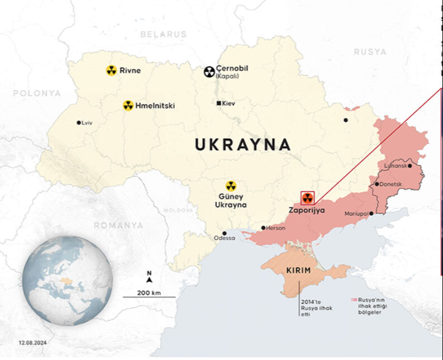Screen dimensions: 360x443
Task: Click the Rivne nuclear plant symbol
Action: pyautogui.click(x=111, y=70)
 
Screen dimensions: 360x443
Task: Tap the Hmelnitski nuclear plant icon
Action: pyautogui.click(x=128, y=105)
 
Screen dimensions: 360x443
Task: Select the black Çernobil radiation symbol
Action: pyautogui.click(x=209, y=71)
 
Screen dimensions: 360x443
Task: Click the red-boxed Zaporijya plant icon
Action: pyautogui.click(x=307, y=198)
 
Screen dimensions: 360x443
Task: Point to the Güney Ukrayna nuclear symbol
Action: pyautogui.click(x=231, y=186)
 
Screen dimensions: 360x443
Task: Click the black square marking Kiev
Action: pyautogui.click(x=219, y=103)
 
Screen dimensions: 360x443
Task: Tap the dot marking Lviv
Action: pyautogui.click(x=79, y=122)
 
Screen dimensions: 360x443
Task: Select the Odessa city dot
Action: pyautogui.click(x=224, y=233)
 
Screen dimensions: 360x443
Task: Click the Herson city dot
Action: pyautogui.click(x=263, y=228)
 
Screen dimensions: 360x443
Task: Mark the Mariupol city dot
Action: pyautogui.click(x=370, y=213)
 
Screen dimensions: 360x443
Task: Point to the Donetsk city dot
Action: pyautogui.click(x=377, y=184)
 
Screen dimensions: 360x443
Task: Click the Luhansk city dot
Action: pyautogui.click(x=409, y=165)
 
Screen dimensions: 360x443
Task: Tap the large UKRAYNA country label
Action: pyautogui.click(x=242, y=145)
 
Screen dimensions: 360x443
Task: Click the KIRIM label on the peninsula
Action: pyautogui.click(x=298, y=271)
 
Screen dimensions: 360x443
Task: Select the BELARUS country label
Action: pyautogui.click(x=163, y=34)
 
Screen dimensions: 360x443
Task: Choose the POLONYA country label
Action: pyautogui.click(x=37, y=93)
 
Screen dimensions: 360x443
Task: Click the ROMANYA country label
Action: pyautogui.click(x=117, y=225)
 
